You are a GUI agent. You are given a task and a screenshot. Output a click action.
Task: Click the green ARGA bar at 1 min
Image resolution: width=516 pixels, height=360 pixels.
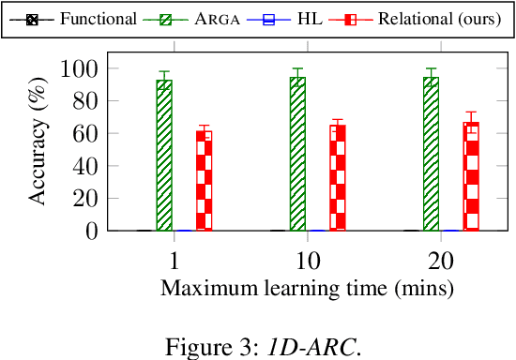click(164, 155)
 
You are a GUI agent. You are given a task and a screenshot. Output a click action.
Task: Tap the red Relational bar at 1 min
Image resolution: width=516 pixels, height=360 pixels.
click(204, 180)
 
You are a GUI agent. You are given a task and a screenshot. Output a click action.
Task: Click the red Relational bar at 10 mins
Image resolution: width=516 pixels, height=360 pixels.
click(337, 177)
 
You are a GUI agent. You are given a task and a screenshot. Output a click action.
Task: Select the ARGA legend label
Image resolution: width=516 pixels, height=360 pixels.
click(214, 19)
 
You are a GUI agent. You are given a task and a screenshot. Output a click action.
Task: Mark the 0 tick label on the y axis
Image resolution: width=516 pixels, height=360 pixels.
click(92, 231)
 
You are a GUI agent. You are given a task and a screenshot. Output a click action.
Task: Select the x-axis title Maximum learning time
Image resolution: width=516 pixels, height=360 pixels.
click(308, 287)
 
